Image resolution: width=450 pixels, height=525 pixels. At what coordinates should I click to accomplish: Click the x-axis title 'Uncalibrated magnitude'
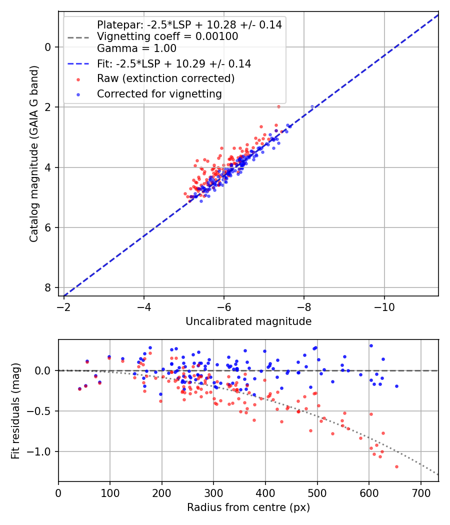(248, 321)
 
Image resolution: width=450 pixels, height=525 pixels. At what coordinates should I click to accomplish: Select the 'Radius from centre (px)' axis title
(248, 507)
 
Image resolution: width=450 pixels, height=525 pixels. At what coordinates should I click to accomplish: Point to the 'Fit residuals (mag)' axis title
(15, 410)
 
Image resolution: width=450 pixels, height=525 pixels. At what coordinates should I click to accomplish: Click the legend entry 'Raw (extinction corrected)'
(165, 78)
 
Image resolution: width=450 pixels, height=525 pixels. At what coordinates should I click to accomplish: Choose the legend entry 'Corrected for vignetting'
(159, 93)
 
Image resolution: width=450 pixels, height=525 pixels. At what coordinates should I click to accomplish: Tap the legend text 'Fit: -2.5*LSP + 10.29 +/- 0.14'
(174, 63)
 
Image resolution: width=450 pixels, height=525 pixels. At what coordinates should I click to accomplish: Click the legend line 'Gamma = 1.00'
(136, 48)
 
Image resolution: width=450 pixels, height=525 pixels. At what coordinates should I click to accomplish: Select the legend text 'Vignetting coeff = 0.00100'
(167, 36)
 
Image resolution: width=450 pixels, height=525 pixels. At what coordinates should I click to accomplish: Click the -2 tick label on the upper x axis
(64, 306)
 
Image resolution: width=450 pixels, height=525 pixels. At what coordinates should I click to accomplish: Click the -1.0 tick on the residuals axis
(41, 451)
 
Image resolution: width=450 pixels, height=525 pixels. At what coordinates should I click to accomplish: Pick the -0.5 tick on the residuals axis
(41, 411)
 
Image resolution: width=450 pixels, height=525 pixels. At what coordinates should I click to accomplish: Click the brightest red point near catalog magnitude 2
(278, 106)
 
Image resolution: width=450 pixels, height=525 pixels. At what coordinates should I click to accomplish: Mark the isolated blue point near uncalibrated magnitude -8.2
(312, 107)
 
